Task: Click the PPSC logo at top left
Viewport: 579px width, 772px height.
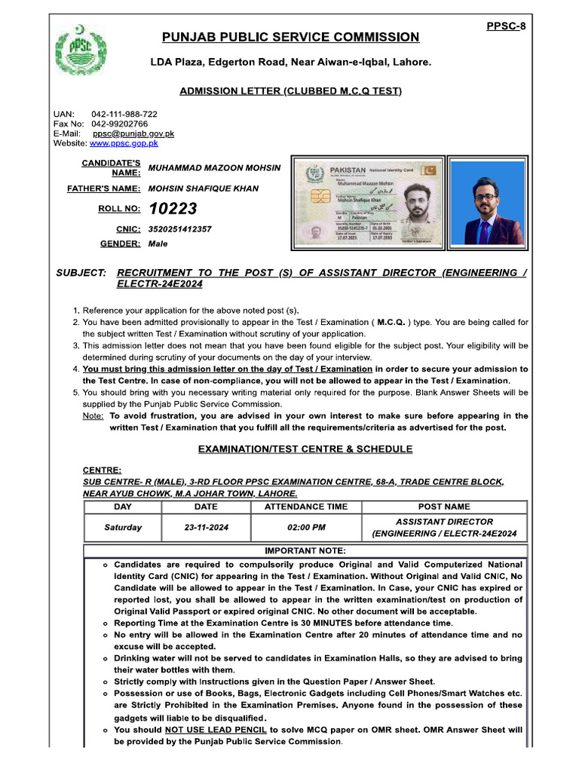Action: [78, 51]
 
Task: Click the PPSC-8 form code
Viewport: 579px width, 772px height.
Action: [506, 26]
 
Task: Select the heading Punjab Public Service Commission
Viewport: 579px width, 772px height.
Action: [290, 37]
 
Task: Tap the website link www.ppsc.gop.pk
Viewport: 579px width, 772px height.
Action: [124, 142]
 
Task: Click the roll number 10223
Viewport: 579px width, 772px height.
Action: [173, 209]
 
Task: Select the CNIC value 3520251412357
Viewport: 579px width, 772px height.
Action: [180, 228]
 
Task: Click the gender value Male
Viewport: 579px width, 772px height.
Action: [158, 244]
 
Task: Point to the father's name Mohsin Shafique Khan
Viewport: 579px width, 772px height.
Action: [204, 188]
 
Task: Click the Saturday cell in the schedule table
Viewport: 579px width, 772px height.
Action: [122, 528]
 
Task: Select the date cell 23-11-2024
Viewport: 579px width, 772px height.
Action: [206, 528]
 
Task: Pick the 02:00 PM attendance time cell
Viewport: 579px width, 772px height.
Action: [306, 528]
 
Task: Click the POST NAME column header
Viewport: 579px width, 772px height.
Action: [444, 507]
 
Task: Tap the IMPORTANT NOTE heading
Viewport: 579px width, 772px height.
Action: [305, 550]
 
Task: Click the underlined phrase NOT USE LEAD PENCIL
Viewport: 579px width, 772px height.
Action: [216, 730]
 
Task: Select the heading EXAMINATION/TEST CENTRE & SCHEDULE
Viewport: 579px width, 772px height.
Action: [305, 449]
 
